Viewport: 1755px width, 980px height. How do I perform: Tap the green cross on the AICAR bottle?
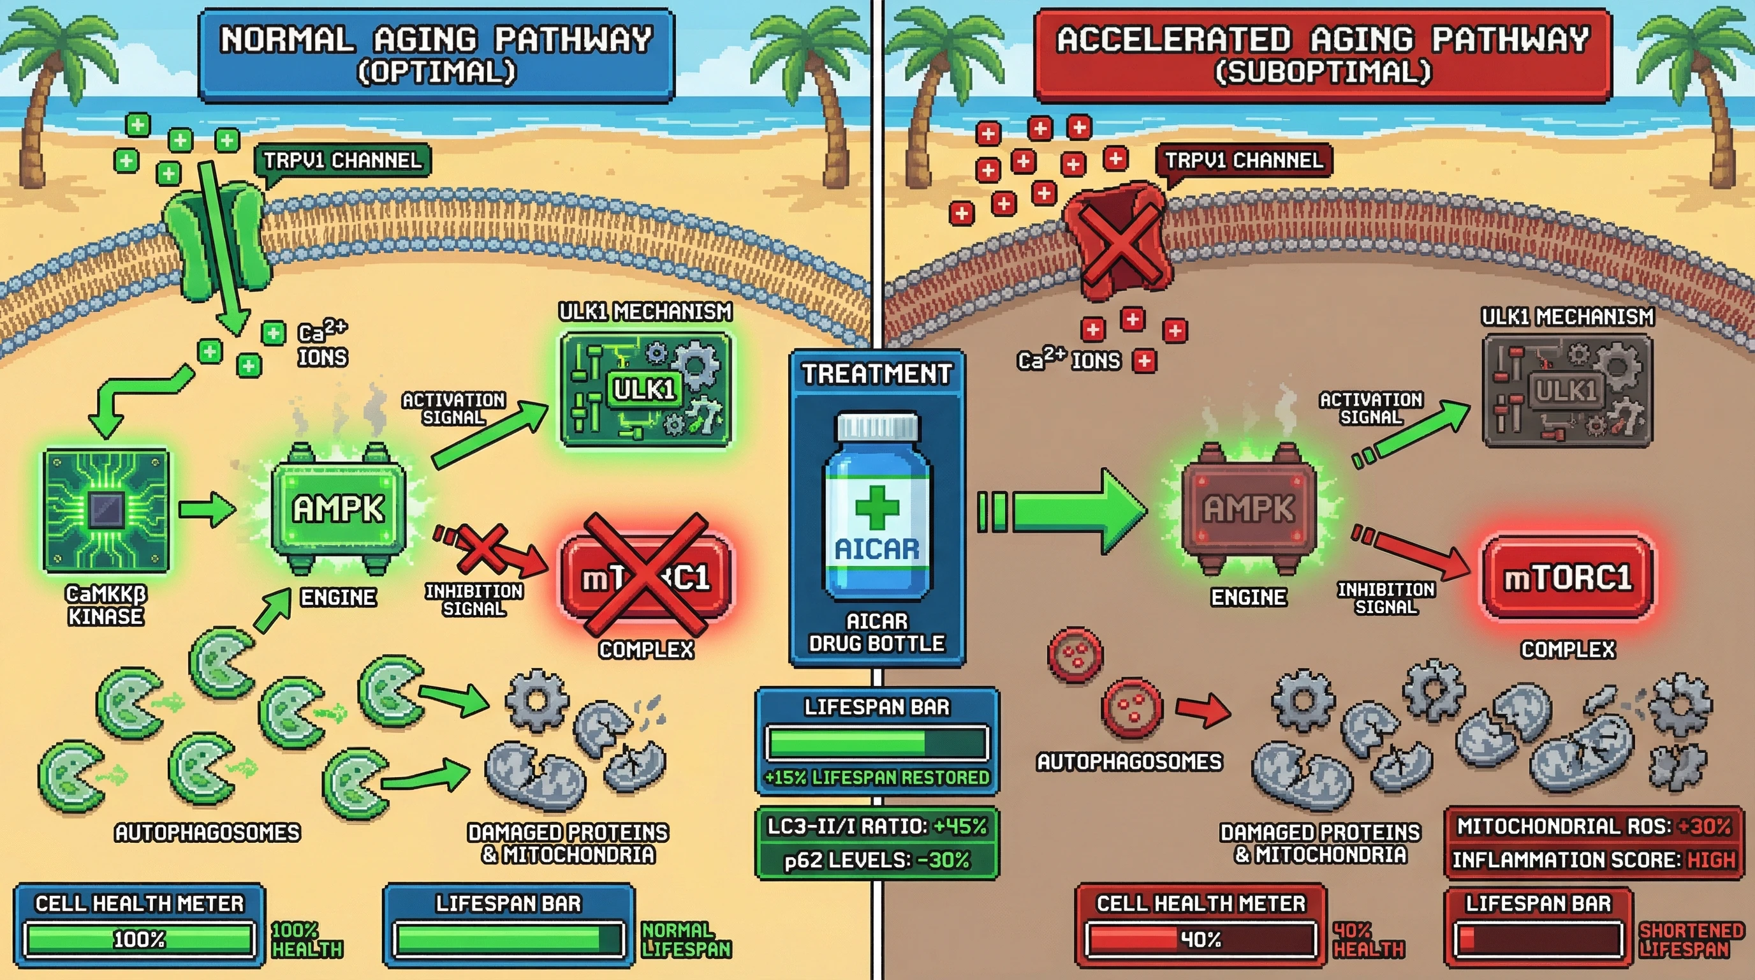(877, 507)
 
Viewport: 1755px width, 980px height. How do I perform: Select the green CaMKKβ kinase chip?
(106, 510)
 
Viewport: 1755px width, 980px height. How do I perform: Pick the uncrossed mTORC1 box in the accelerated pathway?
(1568, 578)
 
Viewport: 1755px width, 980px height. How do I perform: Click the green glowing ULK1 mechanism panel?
(645, 389)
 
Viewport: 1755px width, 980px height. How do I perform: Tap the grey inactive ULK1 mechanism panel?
(1567, 390)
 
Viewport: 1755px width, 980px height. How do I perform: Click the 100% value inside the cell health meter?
(139, 940)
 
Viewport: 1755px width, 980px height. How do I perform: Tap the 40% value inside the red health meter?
(1200, 940)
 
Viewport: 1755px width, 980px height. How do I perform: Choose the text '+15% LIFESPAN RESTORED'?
(877, 778)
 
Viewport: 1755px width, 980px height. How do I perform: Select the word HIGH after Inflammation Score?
(1711, 860)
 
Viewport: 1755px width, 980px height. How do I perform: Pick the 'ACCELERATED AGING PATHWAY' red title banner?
(1323, 54)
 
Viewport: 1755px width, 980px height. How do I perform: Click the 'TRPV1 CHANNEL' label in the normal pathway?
(342, 161)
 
